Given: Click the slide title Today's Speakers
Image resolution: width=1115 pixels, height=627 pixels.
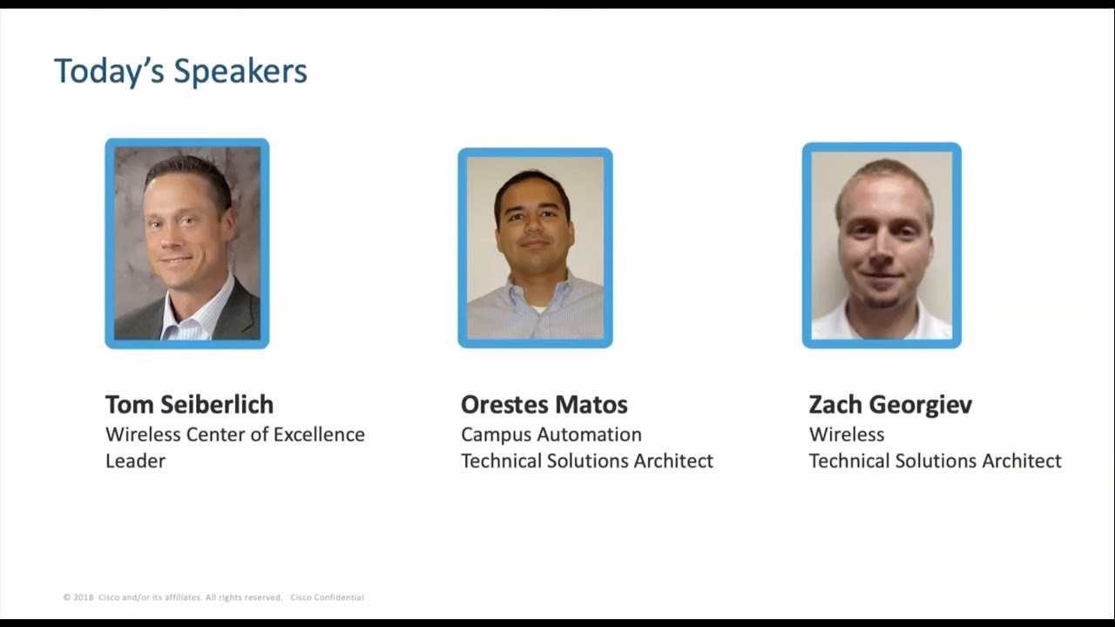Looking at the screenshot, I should (x=180, y=71).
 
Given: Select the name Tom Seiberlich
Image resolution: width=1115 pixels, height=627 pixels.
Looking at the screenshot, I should (x=189, y=404).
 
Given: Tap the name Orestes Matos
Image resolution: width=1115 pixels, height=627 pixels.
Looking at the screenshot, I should (x=544, y=404).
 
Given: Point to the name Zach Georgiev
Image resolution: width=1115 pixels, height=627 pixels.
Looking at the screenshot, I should (x=889, y=404).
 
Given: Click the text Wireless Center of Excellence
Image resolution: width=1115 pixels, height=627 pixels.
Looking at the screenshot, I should (x=234, y=434).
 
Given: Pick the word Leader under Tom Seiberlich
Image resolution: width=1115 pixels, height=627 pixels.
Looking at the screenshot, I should (x=135, y=461).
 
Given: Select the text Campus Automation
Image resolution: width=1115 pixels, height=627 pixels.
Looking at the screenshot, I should (x=551, y=434).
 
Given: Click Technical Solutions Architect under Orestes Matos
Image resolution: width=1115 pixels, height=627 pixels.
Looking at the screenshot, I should (x=586, y=461).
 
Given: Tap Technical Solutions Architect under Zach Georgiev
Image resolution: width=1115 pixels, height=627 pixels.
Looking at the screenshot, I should (x=935, y=461).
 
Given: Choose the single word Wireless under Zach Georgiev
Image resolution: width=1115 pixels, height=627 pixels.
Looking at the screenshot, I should (x=846, y=434).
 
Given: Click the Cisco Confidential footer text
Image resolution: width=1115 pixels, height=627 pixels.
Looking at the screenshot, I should (x=327, y=597).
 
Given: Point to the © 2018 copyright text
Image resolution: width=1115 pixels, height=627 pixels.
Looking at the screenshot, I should (x=78, y=597).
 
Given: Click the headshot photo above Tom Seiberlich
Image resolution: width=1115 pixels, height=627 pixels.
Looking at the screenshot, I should (x=187, y=243).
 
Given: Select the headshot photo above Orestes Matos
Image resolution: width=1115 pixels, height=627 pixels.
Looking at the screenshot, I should (x=535, y=247).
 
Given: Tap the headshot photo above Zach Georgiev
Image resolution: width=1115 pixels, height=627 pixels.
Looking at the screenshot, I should (x=882, y=245).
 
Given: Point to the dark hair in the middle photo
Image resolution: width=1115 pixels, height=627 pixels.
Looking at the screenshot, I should (x=531, y=184).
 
